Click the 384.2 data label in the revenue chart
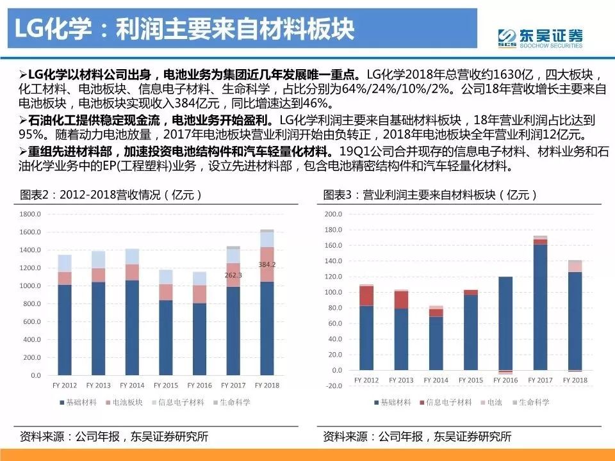267,264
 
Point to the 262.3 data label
233,275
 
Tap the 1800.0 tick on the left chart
31,214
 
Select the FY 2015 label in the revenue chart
166,385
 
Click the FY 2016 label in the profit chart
506,380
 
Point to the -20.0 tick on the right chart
334,385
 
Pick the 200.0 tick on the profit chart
334,214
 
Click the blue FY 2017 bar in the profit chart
540,307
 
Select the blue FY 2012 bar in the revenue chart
65,330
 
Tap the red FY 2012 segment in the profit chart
366,296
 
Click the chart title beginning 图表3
429,194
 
